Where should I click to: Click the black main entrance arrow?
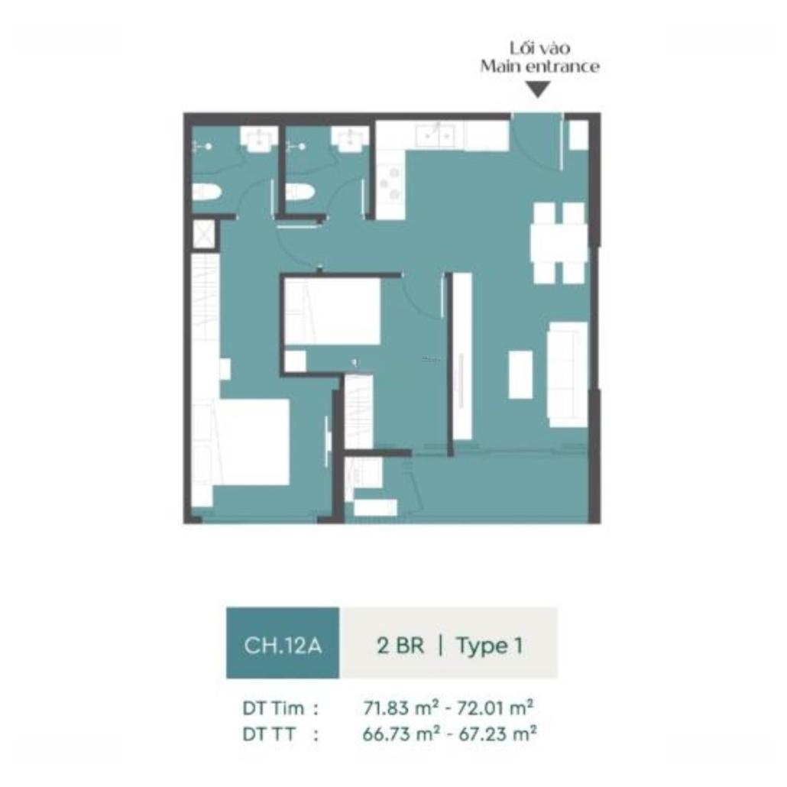(x=538, y=89)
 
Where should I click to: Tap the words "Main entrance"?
(x=539, y=66)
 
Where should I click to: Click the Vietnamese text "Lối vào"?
(x=540, y=47)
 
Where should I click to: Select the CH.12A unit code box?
(x=283, y=643)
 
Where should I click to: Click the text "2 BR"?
(x=400, y=645)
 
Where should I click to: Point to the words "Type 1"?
(x=489, y=646)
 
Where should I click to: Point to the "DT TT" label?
(x=268, y=734)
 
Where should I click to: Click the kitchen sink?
(x=436, y=134)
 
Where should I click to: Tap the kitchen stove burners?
(x=390, y=183)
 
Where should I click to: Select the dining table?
(x=559, y=243)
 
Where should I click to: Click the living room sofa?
(x=568, y=374)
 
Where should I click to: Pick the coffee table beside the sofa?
(x=521, y=374)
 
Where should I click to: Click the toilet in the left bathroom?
(x=207, y=193)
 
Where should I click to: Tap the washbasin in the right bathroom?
(x=351, y=138)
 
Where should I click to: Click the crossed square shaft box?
(x=205, y=234)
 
